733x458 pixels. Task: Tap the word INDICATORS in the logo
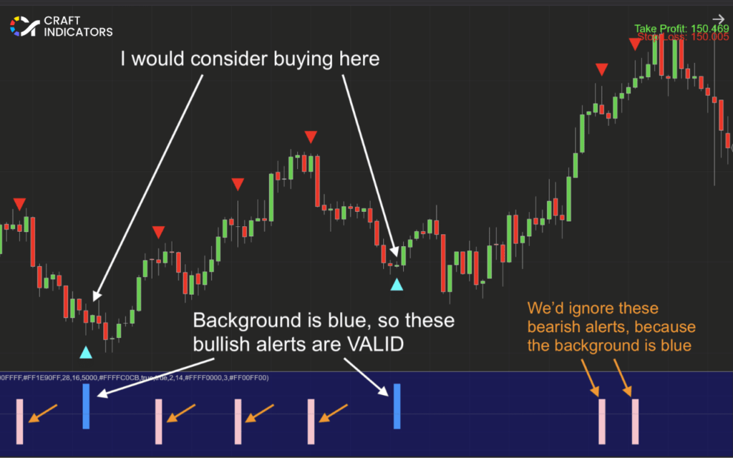tap(78, 32)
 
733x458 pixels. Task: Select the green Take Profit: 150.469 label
tap(681, 29)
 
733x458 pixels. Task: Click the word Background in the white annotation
tap(239, 320)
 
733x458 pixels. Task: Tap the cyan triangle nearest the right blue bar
tap(397, 285)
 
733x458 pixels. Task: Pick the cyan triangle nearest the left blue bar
tap(86, 351)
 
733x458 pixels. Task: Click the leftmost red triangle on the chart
tap(19, 203)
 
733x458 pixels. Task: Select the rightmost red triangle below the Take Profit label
tap(635, 44)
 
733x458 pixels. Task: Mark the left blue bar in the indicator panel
tap(86, 406)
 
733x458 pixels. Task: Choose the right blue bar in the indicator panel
tap(397, 406)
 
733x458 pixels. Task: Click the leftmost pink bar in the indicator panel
tap(19, 421)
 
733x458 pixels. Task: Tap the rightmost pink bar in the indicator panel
tap(635, 421)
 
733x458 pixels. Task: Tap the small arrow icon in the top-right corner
tap(718, 21)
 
